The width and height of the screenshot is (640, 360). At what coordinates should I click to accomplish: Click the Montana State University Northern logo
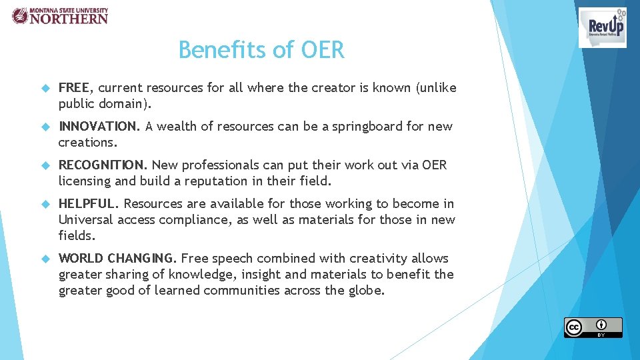[x=59, y=15]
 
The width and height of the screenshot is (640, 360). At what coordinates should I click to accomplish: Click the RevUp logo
[x=602, y=27]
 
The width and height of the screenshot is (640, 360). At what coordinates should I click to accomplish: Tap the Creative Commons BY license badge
[x=593, y=327]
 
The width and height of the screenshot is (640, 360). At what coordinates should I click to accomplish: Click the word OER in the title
[x=323, y=50]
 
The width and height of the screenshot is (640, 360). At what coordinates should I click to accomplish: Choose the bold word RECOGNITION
[x=103, y=165]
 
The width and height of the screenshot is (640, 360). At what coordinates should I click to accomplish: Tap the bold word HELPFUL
[x=89, y=203]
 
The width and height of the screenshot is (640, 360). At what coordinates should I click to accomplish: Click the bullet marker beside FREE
[x=45, y=88]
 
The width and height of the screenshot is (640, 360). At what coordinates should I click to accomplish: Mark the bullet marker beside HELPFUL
[x=45, y=204]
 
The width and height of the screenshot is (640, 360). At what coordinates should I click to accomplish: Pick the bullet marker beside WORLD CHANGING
[x=45, y=259]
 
